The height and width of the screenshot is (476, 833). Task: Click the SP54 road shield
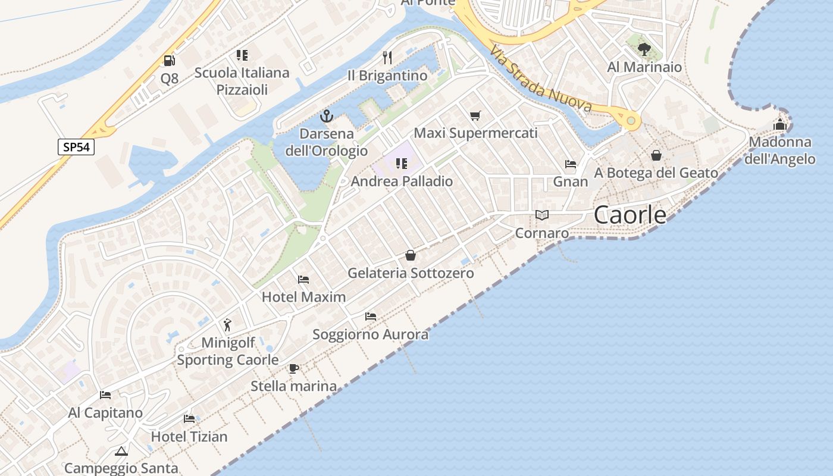pyautogui.click(x=76, y=147)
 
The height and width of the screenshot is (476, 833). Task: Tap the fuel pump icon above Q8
pyautogui.click(x=170, y=60)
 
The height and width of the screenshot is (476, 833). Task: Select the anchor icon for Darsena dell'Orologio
pyautogui.click(x=326, y=116)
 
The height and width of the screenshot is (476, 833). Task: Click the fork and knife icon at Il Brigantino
pyautogui.click(x=387, y=57)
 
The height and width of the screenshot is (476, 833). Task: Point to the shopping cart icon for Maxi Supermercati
pyautogui.click(x=475, y=115)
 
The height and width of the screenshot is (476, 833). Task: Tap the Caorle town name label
pyautogui.click(x=630, y=215)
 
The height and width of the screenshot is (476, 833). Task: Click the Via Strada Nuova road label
pyautogui.click(x=541, y=80)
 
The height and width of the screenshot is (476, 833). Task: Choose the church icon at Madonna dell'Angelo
pyautogui.click(x=779, y=124)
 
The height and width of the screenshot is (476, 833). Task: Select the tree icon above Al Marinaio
pyautogui.click(x=644, y=49)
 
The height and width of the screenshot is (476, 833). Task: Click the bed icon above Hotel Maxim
pyautogui.click(x=303, y=279)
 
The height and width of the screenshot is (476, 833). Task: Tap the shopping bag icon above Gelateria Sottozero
pyautogui.click(x=411, y=256)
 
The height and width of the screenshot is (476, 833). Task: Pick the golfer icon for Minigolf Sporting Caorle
pyautogui.click(x=227, y=325)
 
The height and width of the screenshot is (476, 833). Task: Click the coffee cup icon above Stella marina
pyautogui.click(x=293, y=368)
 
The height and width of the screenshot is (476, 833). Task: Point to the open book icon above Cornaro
pyautogui.click(x=541, y=215)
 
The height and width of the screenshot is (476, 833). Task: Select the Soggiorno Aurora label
pyautogui.click(x=371, y=334)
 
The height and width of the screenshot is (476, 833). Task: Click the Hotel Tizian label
pyautogui.click(x=189, y=437)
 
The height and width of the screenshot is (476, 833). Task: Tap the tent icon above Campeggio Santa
pyautogui.click(x=121, y=451)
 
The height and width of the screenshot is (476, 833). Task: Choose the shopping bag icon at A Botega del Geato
pyautogui.click(x=656, y=155)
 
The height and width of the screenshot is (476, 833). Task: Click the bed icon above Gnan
pyautogui.click(x=571, y=164)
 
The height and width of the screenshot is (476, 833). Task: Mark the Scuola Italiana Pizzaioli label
pyautogui.click(x=242, y=81)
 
